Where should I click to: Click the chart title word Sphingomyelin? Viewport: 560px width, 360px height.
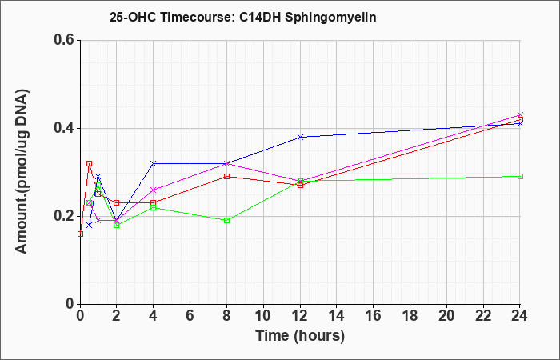(x=330, y=18)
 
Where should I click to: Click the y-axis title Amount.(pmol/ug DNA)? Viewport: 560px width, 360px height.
(x=22, y=171)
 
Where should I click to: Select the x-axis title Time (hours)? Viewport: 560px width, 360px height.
(x=300, y=336)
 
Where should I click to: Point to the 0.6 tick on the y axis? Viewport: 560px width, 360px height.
(x=64, y=40)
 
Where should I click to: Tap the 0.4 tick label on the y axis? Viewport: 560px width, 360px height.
(x=64, y=128)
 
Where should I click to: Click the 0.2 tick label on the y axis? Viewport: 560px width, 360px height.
(x=64, y=216)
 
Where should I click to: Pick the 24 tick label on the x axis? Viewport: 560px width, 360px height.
(x=520, y=316)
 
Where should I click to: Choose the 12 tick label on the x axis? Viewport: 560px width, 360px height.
(x=300, y=316)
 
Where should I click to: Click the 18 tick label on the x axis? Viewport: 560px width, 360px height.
(x=410, y=316)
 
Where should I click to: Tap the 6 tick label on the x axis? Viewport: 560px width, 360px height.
(x=190, y=316)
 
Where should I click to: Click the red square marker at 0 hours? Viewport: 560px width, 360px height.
(x=80, y=234)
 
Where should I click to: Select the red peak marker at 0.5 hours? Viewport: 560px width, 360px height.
(x=90, y=163)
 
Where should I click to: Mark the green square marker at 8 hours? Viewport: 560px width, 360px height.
(x=226, y=220)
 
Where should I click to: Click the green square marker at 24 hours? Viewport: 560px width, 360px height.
(x=520, y=177)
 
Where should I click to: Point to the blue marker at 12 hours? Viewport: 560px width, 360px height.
(x=300, y=137)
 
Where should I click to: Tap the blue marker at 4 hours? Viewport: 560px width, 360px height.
(x=154, y=163)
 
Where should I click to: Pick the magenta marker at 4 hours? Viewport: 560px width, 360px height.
(x=154, y=190)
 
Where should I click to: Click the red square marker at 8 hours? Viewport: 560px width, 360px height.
(x=226, y=177)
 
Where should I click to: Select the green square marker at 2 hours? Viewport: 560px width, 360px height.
(x=117, y=225)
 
